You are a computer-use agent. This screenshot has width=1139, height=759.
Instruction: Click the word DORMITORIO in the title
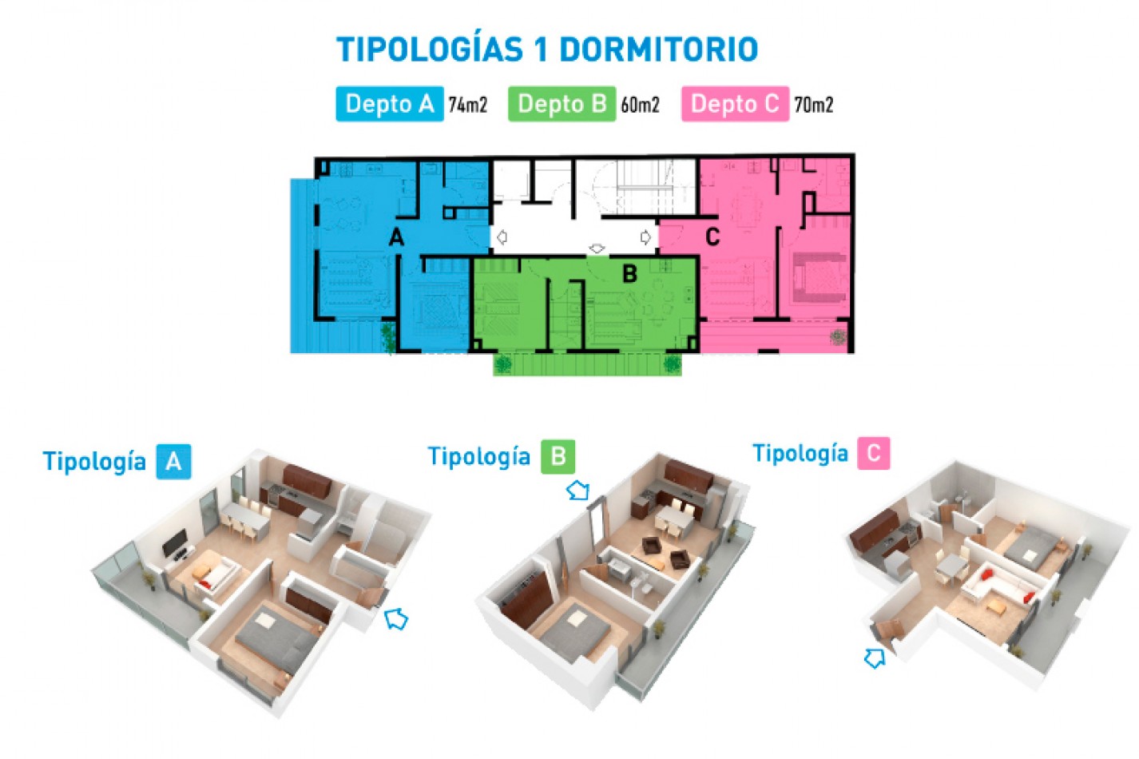[658, 50]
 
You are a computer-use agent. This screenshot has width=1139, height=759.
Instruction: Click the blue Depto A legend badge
[389, 104]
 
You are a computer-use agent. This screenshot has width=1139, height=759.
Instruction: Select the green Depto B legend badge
[562, 104]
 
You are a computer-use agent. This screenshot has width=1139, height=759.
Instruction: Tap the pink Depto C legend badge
[735, 104]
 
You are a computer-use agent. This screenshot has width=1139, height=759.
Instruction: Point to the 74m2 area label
[467, 105]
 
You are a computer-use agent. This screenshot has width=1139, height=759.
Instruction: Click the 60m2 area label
[640, 105]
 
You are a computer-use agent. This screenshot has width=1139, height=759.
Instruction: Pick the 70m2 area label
[813, 105]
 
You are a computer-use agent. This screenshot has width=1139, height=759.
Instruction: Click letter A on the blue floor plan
[396, 237]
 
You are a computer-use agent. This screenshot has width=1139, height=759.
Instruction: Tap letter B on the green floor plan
[629, 274]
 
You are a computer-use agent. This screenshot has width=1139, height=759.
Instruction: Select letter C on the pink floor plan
[712, 236]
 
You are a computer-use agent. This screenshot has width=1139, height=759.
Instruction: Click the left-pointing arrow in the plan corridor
[502, 237]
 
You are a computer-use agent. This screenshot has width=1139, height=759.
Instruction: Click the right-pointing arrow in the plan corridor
[645, 237]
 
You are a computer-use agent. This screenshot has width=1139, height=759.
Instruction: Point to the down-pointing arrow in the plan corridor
[597, 248]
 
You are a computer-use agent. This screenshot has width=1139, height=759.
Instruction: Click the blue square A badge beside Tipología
[173, 461]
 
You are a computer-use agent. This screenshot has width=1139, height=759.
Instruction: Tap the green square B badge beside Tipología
[558, 456]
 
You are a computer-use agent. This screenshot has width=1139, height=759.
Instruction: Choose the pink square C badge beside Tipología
[873, 453]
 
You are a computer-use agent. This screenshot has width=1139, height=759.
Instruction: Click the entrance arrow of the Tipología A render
[396, 618]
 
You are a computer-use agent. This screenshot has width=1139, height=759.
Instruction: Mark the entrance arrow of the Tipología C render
[875, 658]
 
